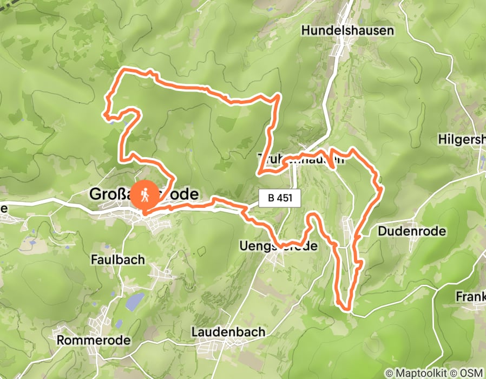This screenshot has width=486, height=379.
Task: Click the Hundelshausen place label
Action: click(x=347, y=30)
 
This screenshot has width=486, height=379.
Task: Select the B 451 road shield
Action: click(x=279, y=198)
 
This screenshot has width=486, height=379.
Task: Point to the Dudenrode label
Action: click(x=412, y=231)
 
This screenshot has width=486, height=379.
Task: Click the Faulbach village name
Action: click(x=118, y=260)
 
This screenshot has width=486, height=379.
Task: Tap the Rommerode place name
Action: click(x=94, y=340)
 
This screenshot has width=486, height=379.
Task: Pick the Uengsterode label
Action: click(x=277, y=246)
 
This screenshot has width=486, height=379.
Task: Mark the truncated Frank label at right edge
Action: click(x=470, y=297)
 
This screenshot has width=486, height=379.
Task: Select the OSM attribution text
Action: click(x=469, y=373)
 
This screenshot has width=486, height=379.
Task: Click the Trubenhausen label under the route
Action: click(x=301, y=159)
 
